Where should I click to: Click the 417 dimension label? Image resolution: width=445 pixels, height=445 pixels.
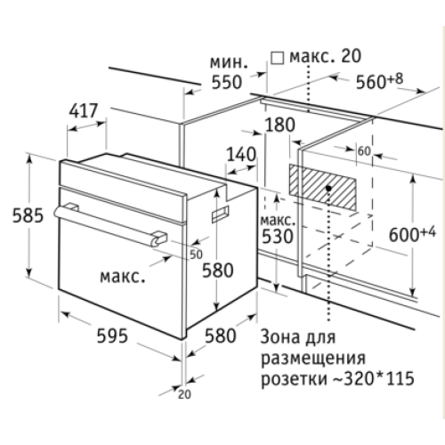84,111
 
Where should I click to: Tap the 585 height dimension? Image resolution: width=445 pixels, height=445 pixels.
28,215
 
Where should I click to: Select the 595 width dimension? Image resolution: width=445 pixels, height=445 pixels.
112,336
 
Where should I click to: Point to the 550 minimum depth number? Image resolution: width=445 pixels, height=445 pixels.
227,82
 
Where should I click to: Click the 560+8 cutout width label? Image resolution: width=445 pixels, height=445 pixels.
379,80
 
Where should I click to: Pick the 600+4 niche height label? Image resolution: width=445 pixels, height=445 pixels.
412,233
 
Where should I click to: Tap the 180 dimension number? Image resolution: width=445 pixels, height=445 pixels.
279,125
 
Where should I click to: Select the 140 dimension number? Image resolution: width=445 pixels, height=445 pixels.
241,154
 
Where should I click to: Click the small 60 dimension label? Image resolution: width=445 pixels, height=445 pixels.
364,151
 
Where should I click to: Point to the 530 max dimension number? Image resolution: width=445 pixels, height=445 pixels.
278,237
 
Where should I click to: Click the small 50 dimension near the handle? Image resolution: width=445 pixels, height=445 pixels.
196,255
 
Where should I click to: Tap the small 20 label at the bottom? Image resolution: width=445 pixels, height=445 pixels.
184,394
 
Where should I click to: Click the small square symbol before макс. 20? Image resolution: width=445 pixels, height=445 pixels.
277,58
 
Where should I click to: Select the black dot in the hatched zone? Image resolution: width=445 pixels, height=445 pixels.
328,188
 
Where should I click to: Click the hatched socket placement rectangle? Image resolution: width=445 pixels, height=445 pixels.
323,187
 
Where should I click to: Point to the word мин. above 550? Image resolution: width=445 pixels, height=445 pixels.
229,62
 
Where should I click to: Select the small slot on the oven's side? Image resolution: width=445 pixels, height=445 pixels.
220,214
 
